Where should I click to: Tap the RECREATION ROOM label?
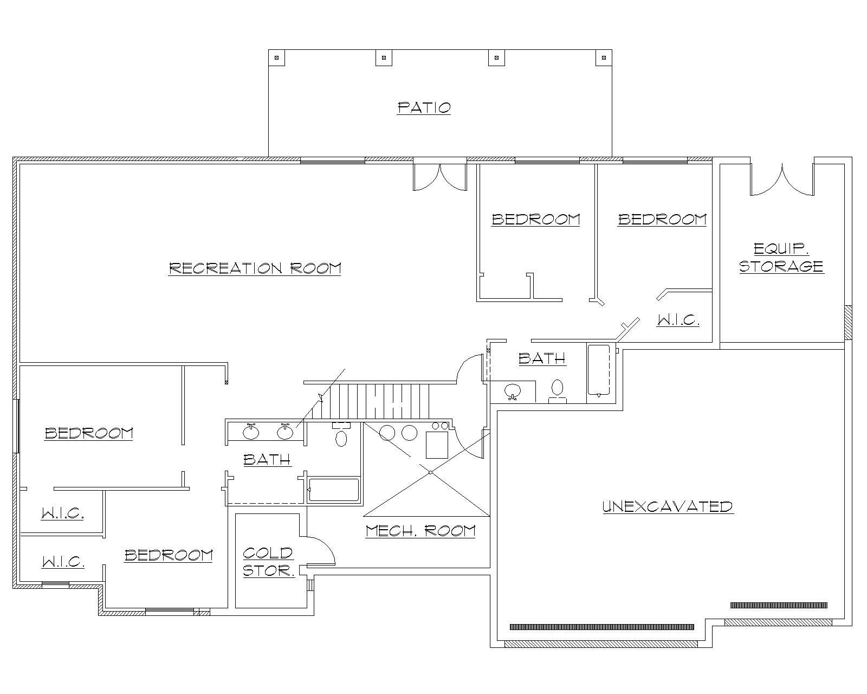point(255,268)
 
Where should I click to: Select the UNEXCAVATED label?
point(668,506)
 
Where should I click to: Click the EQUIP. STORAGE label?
point(781,258)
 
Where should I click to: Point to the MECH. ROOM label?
point(420,530)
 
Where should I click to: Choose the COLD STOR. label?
point(268,562)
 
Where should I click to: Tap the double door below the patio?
point(439,176)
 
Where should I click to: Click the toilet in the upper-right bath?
point(557,390)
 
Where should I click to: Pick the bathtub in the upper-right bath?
point(601,370)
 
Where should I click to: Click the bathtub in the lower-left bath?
point(333,490)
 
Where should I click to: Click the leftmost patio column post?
point(276,57)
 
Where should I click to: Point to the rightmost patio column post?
point(604,57)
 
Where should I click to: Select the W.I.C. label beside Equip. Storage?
point(678,320)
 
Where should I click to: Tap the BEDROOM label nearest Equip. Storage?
point(662,219)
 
